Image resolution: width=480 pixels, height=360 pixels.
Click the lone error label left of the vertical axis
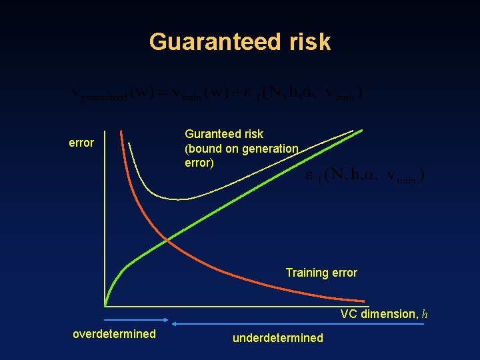[x=81, y=143]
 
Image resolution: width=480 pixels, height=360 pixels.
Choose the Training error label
[x=321, y=273]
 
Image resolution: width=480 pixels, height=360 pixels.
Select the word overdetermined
[x=114, y=334]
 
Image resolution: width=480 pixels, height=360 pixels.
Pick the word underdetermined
[x=277, y=338]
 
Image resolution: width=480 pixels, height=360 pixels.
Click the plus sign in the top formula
[x=237, y=93]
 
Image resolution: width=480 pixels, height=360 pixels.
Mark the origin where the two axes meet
[x=105, y=306]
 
